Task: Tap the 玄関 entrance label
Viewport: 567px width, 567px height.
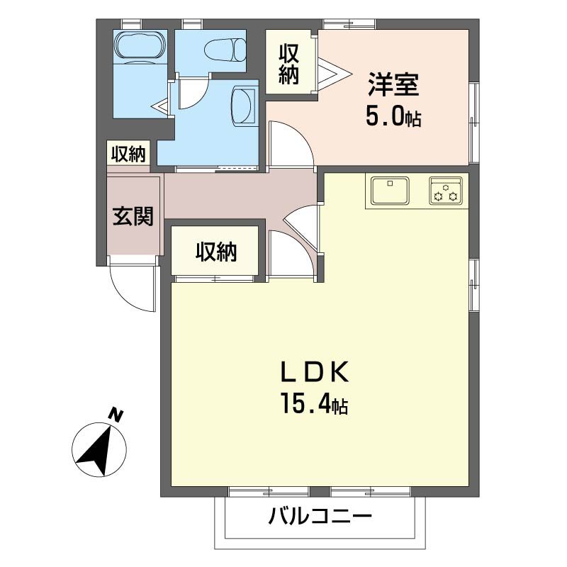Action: (x=133, y=215)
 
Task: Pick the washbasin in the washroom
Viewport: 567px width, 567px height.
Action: (x=245, y=106)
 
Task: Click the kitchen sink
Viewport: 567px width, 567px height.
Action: (x=389, y=191)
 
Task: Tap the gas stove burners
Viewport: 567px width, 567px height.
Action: (x=446, y=191)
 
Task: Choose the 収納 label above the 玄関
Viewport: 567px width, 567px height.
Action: (x=128, y=154)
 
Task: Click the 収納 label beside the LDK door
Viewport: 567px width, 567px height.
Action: (x=216, y=251)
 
